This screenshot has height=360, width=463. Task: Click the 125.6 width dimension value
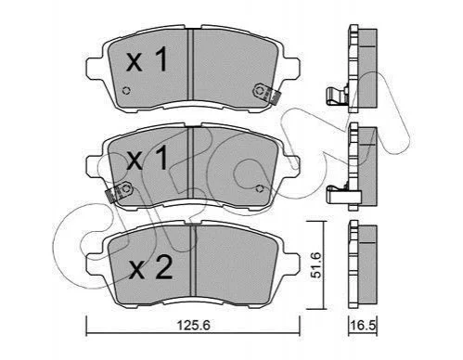tap(193, 325)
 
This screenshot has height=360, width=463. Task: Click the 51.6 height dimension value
tap(316, 265)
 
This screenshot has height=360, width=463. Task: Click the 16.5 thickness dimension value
tap(363, 325)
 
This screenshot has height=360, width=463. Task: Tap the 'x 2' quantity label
tap(151, 268)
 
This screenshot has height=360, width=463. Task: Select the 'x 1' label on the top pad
tap(147, 59)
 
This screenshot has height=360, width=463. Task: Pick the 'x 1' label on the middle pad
tap(147, 158)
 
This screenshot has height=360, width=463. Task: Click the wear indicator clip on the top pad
tap(266, 93)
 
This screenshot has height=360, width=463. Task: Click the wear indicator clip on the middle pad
tap(119, 191)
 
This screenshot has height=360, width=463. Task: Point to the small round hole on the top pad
tap(126, 91)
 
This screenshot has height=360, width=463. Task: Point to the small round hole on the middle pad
tap(260, 188)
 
